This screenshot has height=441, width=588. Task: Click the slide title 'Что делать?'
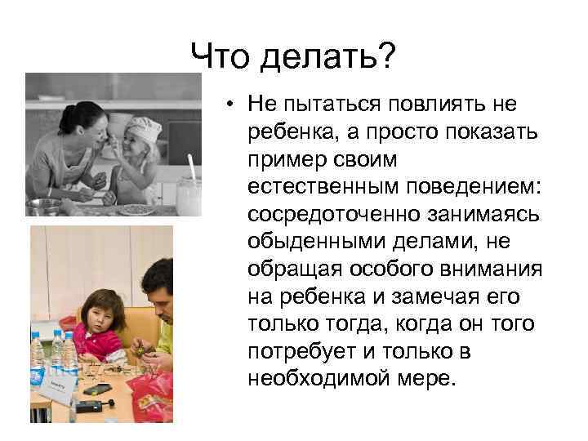pyautogui.click(x=293, y=57)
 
